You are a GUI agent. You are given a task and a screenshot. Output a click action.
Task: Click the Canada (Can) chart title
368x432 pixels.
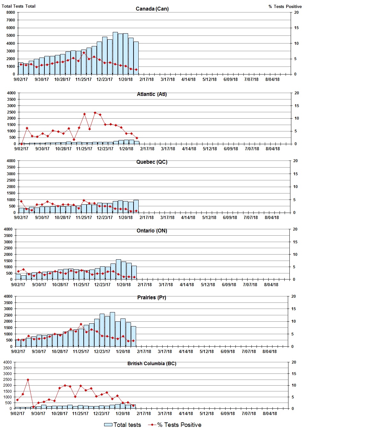(152, 9)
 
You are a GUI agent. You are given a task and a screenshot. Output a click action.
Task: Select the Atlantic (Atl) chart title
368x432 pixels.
(152, 94)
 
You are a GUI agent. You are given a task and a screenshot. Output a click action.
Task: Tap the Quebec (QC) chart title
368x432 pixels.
(152, 162)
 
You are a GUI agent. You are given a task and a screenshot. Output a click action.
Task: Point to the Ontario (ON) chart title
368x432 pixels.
(152, 231)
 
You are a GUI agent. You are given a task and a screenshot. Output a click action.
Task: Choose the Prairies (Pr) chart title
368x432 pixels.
(151, 297)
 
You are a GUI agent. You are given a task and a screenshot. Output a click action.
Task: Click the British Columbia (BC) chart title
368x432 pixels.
(152, 364)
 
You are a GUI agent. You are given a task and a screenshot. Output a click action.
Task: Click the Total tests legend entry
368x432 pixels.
(123, 425)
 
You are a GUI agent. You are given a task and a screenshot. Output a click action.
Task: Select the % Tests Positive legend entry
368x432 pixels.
(175, 425)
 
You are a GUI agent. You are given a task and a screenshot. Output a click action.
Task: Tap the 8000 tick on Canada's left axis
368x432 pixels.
(11, 12)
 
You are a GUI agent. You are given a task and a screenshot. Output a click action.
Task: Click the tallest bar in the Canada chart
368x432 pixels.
(115, 53)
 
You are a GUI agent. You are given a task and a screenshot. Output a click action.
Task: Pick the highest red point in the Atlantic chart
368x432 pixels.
(95, 113)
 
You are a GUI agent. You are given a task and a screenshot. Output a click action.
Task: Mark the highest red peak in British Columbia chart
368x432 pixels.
(28, 380)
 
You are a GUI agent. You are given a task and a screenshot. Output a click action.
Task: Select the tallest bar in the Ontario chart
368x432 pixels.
(118, 270)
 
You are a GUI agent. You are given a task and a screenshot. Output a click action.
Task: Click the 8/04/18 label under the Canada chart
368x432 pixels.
(272, 79)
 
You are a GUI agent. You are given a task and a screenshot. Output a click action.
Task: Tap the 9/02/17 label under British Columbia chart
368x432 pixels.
(18, 413)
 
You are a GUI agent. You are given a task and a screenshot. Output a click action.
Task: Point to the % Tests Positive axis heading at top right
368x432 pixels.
(285, 6)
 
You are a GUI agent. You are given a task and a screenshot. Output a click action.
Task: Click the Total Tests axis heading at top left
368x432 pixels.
(19, 6)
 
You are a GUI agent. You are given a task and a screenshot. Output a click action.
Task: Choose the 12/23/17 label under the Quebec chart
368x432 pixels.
(104, 217)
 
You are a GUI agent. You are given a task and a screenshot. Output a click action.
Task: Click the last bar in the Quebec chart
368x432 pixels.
(136, 206)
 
